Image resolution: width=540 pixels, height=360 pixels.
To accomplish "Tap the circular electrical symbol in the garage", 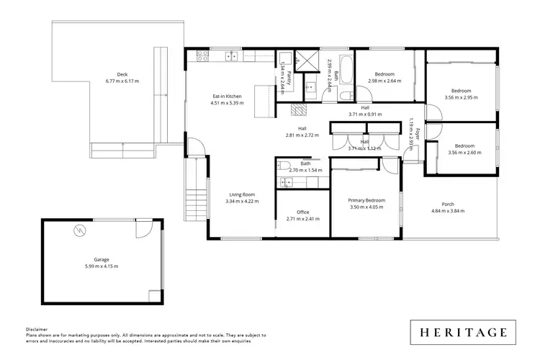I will pos(79,230).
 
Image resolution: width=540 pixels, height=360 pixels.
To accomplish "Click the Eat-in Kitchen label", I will pos(227,96).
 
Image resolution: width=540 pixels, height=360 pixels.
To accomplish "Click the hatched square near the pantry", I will pos(298,109).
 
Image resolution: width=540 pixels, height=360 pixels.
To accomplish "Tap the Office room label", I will pos(302,212).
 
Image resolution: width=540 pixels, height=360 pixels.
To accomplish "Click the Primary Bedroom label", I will pos(366,200).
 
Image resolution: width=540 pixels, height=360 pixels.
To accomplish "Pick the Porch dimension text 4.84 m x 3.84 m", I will pos(448,211).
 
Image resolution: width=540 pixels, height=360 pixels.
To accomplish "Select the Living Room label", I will pos(243,194).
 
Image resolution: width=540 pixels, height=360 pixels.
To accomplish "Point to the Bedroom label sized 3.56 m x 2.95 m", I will pos(460,91).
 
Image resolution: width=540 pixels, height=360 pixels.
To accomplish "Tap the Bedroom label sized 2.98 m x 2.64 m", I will pos(384,74).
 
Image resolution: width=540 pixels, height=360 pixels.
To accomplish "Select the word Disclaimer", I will pos(37,328).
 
